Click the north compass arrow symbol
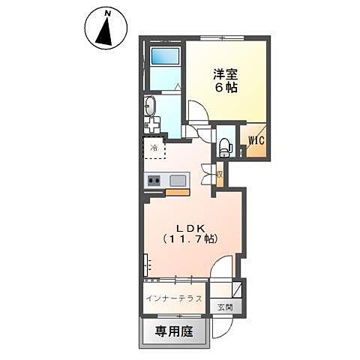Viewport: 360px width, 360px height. tap(104, 31)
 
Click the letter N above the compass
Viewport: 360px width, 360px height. tap(107, 13)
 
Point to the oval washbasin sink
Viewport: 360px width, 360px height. tap(149, 104)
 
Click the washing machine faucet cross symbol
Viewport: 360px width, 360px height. tap(154, 125)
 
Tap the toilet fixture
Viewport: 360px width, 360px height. tap(224, 145)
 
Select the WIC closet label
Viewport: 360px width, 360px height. tap(252, 140)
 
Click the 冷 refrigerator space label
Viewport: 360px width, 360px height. tap(154, 148)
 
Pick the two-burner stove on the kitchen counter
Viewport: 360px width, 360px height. tap(154, 180)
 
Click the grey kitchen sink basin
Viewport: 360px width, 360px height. tap(178, 180)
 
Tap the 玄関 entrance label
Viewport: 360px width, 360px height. tap(224, 307)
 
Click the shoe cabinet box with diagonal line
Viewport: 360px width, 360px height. tap(236, 289)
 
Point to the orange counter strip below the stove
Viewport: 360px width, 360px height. tap(177, 192)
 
